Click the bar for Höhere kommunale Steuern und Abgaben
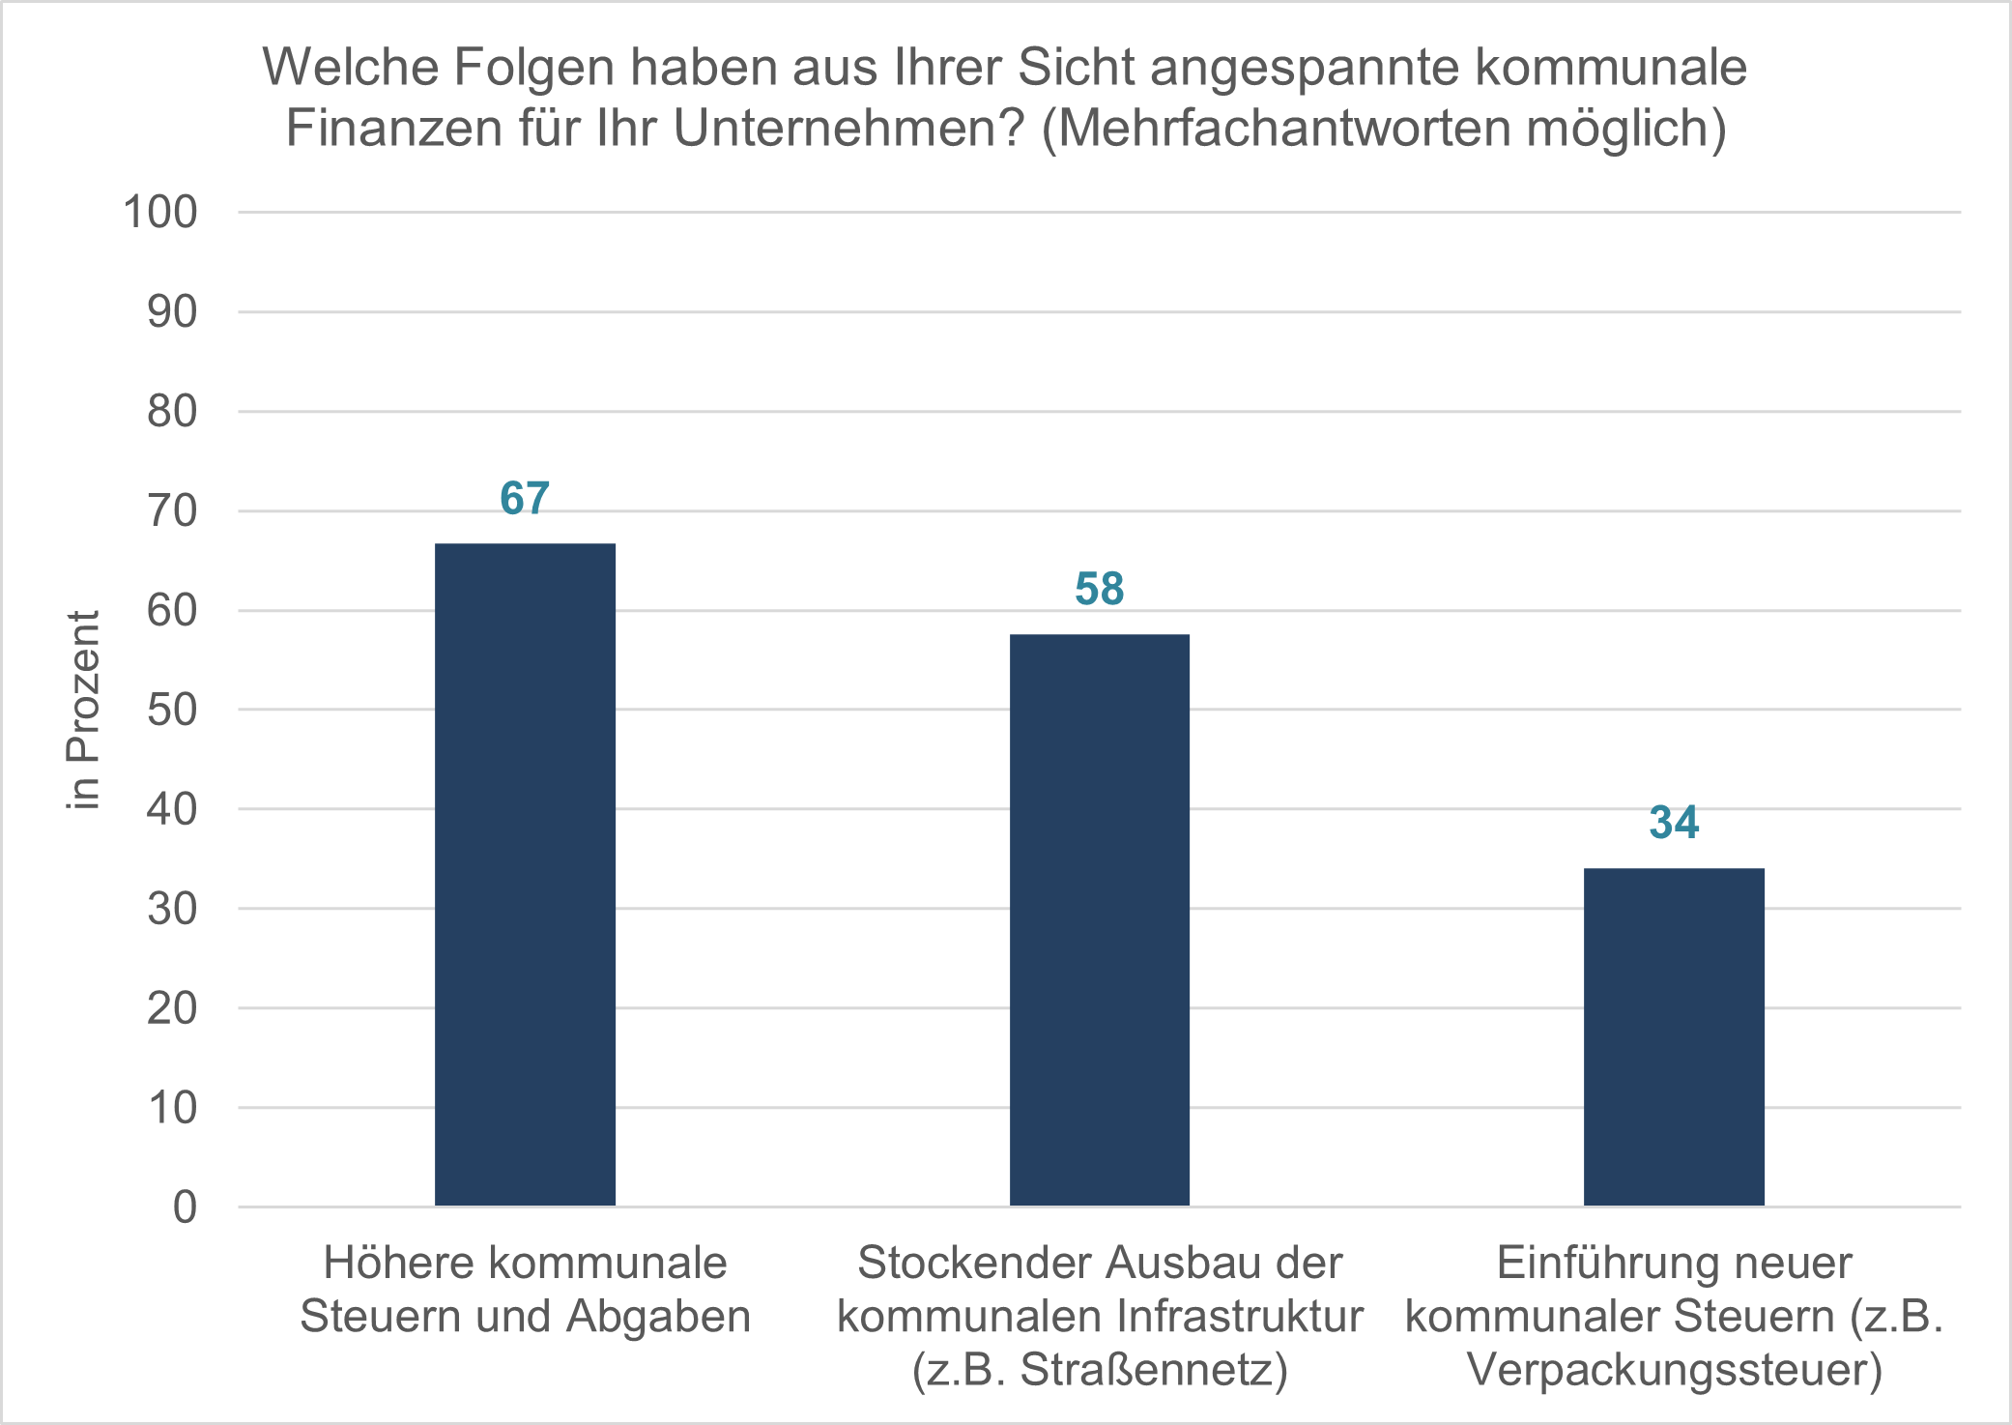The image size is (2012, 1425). point(525,874)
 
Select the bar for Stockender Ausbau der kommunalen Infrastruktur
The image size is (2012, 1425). point(1099,919)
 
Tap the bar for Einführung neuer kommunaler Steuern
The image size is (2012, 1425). point(1674,1036)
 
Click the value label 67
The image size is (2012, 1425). point(525,499)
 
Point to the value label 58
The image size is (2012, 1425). point(1099,590)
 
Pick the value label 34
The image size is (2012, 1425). point(1674,824)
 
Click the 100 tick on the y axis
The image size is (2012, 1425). point(160,212)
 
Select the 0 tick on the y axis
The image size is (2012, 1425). point(185,1207)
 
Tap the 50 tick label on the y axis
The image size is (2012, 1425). point(172,710)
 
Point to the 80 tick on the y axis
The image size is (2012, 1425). point(172,412)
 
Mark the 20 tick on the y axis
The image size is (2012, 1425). point(172,1008)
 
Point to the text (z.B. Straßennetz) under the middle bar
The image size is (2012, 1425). point(1100,1370)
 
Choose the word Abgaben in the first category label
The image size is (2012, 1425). point(658,1317)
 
